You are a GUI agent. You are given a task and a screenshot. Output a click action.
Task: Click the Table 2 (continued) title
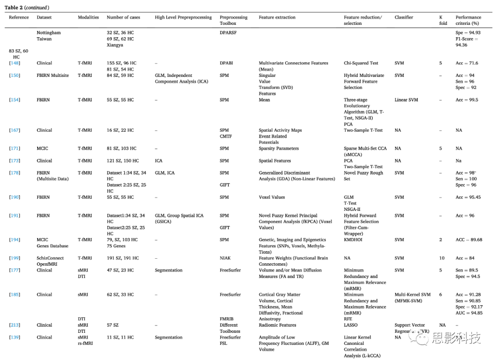[x=29, y=8]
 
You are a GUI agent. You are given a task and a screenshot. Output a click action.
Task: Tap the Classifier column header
[x=404, y=17]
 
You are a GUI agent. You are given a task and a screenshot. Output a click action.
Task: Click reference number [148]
[x=15, y=63]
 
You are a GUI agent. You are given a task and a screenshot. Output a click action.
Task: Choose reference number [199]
[x=15, y=258]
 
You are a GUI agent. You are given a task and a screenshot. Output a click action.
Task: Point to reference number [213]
[x=15, y=325]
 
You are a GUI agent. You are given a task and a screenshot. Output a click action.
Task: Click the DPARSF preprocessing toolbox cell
[x=228, y=33]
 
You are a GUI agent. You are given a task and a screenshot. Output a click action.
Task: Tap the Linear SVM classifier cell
[x=406, y=100]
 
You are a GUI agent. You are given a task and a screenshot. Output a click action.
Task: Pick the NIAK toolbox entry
[x=225, y=258]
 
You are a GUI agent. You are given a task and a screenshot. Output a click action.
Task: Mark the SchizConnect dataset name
[x=50, y=258]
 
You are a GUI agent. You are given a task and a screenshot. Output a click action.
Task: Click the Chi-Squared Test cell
[x=361, y=63]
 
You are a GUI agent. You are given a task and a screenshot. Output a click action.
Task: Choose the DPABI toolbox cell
[x=226, y=63]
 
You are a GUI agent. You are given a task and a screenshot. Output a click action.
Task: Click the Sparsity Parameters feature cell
[x=278, y=148]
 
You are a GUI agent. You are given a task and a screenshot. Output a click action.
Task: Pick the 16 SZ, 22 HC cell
[x=120, y=130]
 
